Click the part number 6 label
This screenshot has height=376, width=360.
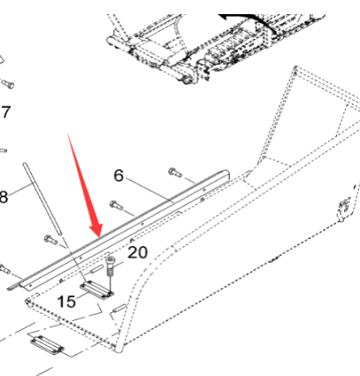coord(119,175)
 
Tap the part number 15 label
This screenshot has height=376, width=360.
coord(66,302)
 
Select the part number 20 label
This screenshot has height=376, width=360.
coord(137,252)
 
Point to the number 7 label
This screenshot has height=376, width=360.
coord(4,113)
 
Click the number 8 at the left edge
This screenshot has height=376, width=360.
coord(4,196)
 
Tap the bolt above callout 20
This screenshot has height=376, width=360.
coord(110,263)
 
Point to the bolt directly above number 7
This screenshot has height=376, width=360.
coord(8,85)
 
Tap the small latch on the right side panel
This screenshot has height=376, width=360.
coord(341,210)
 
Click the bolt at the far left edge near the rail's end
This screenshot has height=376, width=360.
coord(5,267)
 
